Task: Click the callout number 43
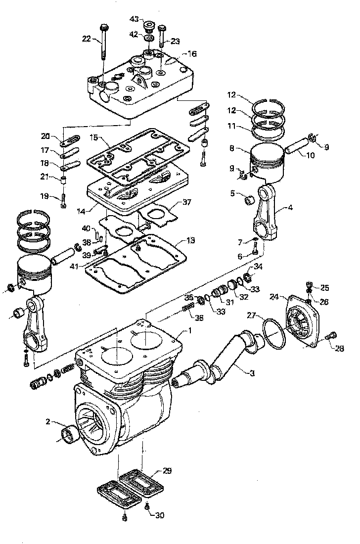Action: [134, 18]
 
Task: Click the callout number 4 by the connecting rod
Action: [290, 208]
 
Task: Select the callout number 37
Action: [186, 202]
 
